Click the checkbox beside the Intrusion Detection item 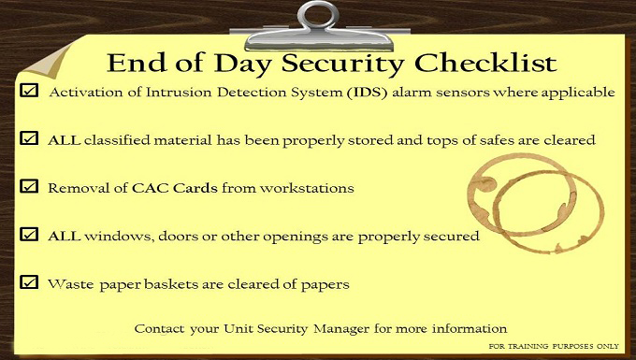pyautogui.click(x=28, y=91)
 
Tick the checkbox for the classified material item pyautogui.click(x=28, y=138)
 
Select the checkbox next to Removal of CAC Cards pyautogui.click(x=28, y=186)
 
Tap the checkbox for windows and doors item pyautogui.click(x=28, y=234)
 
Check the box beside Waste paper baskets pyautogui.click(x=28, y=281)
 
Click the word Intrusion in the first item pyautogui.click(x=166, y=93)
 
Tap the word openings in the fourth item pyautogui.click(x=296, y=236)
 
